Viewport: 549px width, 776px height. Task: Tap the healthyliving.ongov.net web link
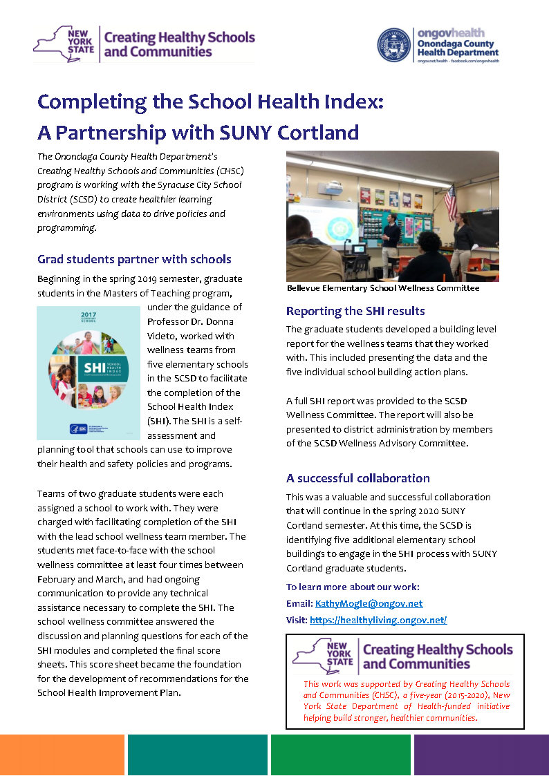(x=378, y=620)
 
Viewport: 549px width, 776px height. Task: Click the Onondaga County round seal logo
(x=393, y=46)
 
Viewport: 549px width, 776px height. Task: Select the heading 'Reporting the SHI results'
(x=355, y=311)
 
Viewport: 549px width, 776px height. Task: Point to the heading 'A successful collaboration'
(x=357, y=478)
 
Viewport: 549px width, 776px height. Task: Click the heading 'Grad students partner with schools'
(x=134, y=260)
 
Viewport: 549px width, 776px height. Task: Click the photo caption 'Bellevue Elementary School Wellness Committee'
(x=382, y=288)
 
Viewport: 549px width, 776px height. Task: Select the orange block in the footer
(x=62, y=755)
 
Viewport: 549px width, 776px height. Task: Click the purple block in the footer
(x=481, y=755)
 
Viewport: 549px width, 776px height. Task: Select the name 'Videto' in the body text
(x=162, y=335)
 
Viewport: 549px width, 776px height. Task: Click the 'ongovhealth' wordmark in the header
(x=450, y=32)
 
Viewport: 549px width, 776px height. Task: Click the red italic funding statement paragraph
(x=406, y=701)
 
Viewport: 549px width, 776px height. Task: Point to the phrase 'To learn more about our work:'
(x=353, y=587)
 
